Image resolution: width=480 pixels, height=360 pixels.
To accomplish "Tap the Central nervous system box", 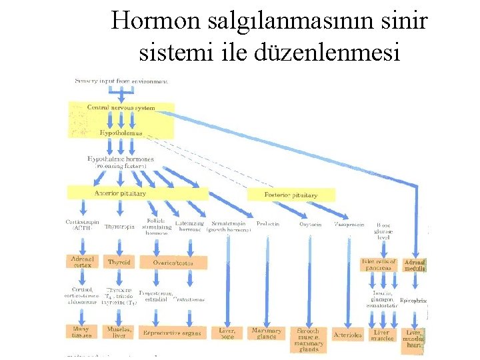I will pos(121,108).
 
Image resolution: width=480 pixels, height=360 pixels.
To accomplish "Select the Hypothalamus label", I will pos(121,133).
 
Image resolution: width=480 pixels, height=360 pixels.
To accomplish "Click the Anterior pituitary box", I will pos(120,193).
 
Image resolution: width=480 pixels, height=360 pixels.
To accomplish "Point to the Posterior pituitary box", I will pos(291,195).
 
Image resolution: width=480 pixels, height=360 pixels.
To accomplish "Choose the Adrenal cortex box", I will pos(81,261).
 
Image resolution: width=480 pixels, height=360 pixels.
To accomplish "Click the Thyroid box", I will pos(119,262).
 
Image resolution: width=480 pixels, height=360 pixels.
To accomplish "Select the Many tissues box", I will pos(81,331).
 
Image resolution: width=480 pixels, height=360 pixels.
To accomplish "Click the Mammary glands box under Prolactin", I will pos(267,333).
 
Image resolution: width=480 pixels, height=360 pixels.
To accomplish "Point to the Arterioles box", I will pos(347,335).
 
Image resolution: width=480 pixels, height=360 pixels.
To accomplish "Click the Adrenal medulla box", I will pos(414,265).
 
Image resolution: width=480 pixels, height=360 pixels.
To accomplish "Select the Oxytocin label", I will pos(310,225).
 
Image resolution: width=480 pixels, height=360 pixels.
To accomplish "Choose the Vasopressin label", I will pos(349,225).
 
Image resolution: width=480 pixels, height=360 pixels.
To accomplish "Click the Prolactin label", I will pos(268,225).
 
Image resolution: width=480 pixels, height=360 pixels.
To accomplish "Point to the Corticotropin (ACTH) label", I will pos(82,224).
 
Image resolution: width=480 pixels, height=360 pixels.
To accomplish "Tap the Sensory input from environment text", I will pos(121,81).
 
